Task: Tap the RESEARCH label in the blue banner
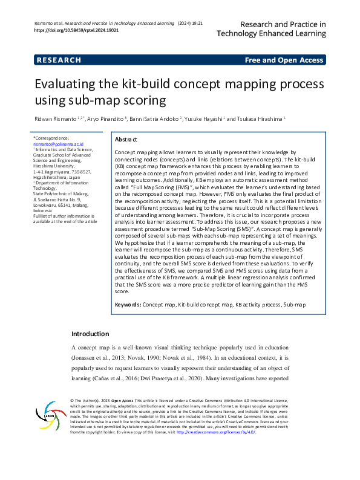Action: (59, 60)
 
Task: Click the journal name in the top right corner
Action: (274, 29)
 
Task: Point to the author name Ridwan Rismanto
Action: (57, 120)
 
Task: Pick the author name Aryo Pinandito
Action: (106, 120)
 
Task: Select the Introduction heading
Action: (90, 334)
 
